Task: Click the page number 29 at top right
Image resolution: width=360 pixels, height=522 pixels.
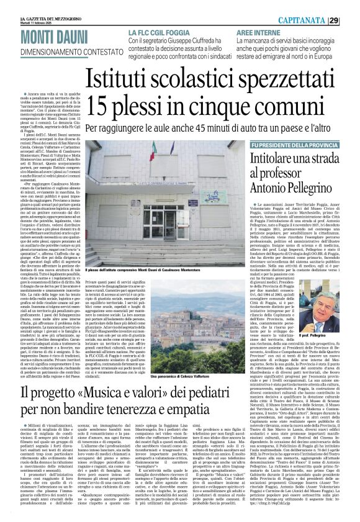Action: coord(351,21)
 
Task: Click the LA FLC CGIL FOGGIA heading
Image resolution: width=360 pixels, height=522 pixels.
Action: coord(160,32)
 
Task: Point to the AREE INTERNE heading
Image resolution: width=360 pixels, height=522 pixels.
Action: coord(258,32)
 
